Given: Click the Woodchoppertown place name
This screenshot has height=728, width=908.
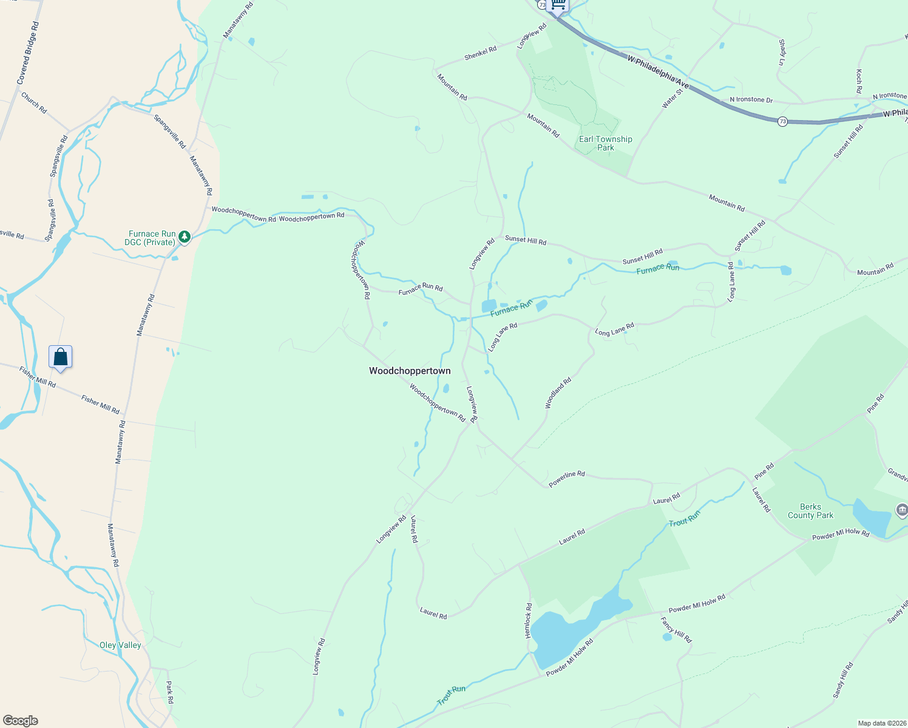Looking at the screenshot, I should (410, 371).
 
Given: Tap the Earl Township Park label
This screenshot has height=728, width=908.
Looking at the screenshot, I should (605, 143).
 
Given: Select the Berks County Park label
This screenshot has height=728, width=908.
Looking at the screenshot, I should (810, 511).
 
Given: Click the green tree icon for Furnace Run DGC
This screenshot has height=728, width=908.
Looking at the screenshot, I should (185, 237).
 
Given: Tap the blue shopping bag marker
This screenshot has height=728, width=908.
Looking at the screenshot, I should (61, 357).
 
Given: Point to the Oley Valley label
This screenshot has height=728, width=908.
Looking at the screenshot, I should (120, 645).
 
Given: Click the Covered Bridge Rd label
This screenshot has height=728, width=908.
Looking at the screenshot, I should (28, 53).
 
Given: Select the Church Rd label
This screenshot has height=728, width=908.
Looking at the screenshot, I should (34, 103).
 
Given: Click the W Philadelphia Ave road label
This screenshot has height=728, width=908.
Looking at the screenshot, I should (659, 70).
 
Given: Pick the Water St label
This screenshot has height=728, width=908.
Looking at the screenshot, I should (672, 98).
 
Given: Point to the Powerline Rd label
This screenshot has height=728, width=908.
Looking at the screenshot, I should (566, 479).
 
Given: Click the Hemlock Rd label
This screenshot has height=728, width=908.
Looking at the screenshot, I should (528, 621).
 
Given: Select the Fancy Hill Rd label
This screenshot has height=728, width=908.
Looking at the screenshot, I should (676, 630).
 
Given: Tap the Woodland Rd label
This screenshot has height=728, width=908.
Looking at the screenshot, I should (558, 393).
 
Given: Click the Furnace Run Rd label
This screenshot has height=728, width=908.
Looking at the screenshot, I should (420, 289).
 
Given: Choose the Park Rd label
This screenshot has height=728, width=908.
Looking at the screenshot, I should (170, 692).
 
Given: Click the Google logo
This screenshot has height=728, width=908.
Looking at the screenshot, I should (21, 721).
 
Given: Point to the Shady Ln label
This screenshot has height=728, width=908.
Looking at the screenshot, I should (782, 52).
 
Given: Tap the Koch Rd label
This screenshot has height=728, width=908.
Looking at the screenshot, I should (859, 81).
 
